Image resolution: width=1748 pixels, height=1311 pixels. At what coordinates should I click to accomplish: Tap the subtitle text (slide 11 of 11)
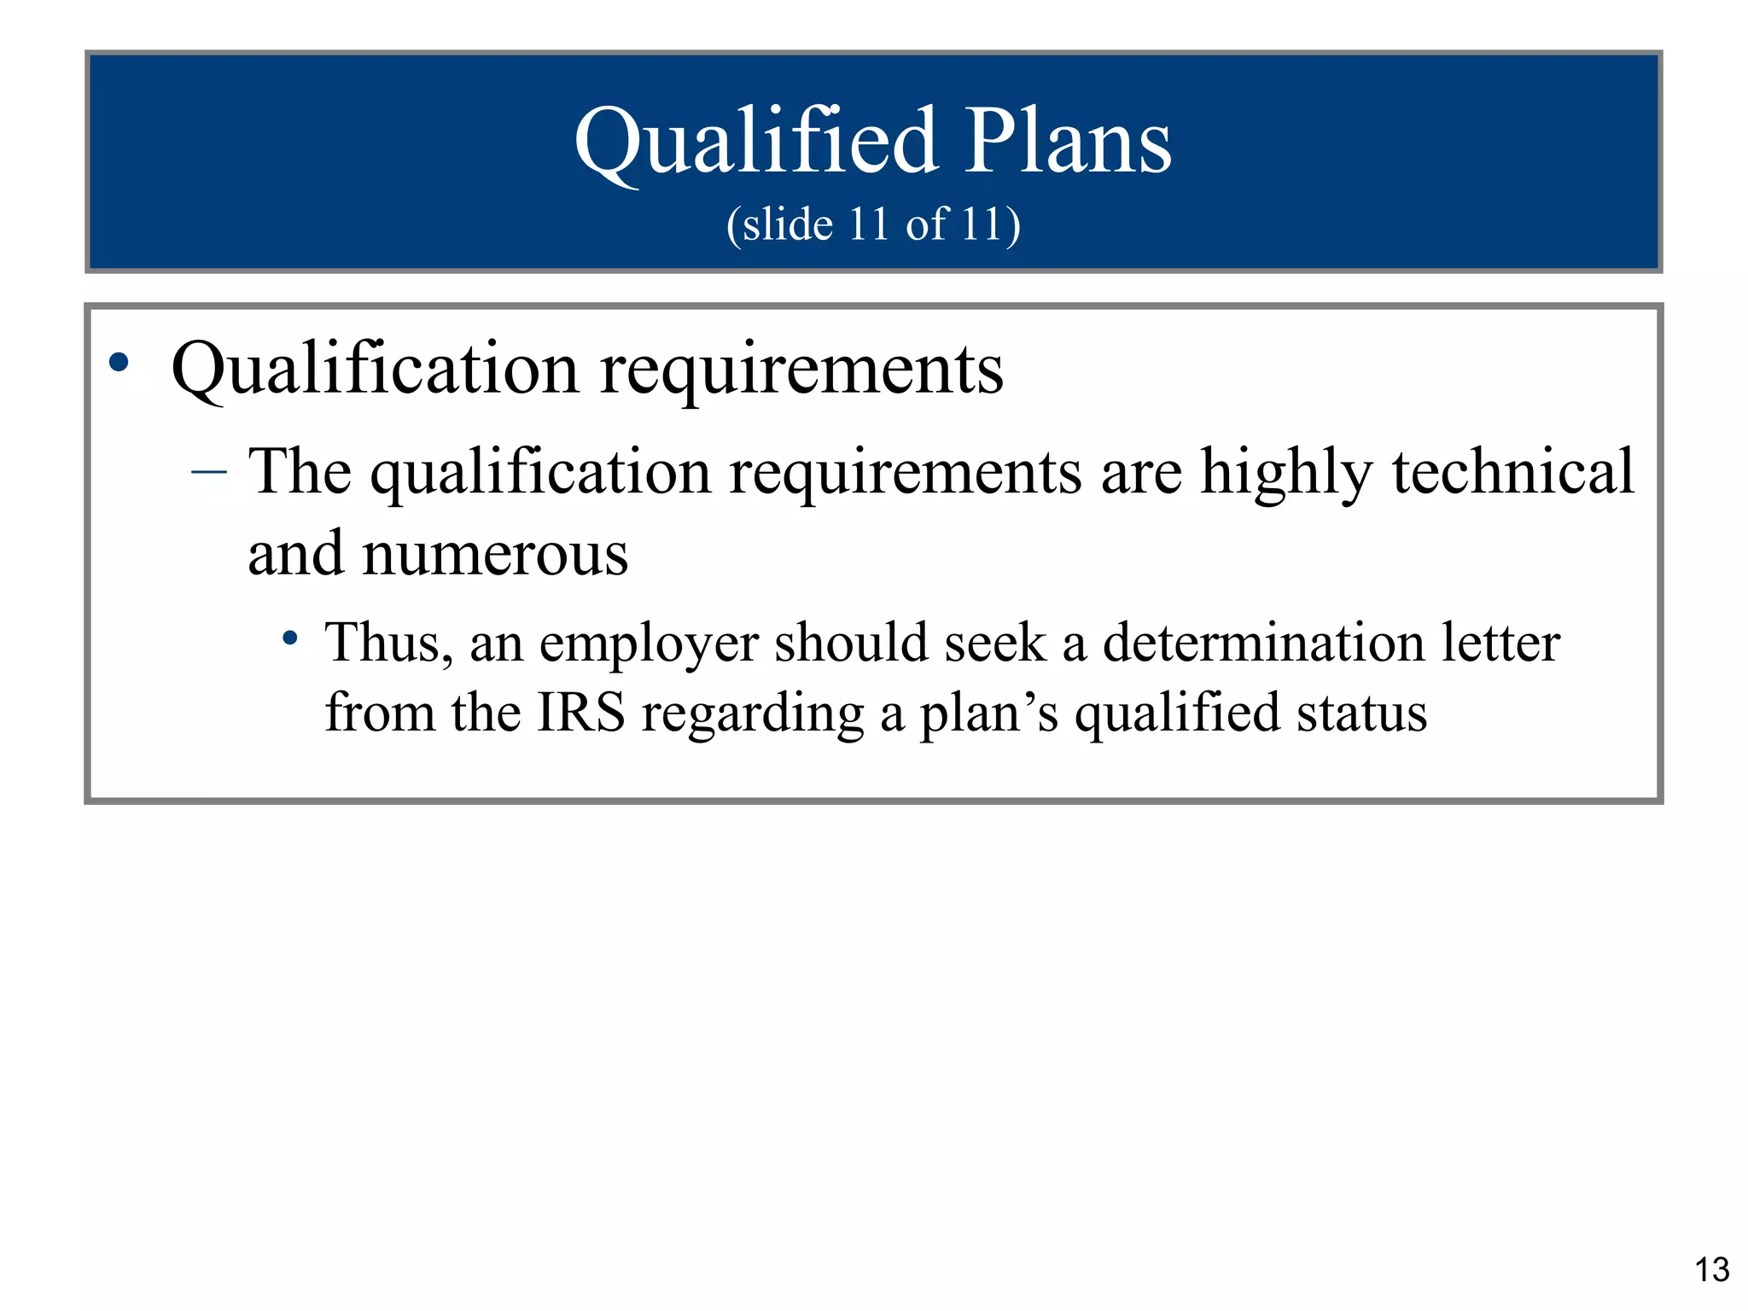(x=873, y=224)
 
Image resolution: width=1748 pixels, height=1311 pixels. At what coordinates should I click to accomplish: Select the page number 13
(x=1711, y=1270)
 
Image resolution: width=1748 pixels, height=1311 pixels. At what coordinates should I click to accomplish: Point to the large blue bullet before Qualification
(x=119, y=363)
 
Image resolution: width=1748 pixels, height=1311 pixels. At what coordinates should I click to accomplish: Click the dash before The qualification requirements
(x=209, y=471)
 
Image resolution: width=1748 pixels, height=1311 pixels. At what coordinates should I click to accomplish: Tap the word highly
(x=1286, y=472)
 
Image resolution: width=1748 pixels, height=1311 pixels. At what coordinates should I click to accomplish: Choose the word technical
(x=1512, y=471)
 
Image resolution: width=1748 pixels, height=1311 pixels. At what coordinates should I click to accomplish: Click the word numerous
(x=495, y=555)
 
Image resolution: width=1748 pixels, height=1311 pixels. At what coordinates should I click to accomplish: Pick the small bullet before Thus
(x=291, y=638)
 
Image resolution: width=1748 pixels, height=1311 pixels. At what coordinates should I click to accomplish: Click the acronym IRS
(x=580, y=713)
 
